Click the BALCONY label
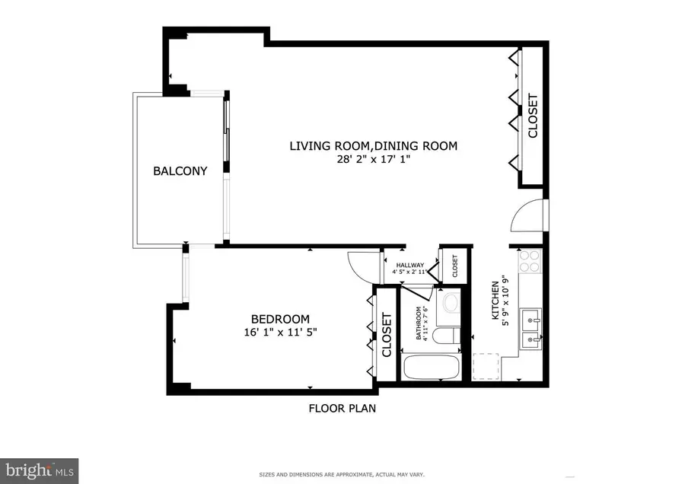[180, 171]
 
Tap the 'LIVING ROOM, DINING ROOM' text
[373, 145]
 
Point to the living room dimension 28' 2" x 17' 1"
[373, 160]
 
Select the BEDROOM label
[281, 319]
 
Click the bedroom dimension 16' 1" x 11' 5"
[281, 333]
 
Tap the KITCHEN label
[494, 299]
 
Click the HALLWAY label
[409, 265]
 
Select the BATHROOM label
[418, 323]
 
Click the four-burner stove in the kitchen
[529, 263]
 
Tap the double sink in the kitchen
[530, 326]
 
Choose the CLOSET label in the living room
[533, 116]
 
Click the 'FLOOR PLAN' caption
[342, 409]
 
